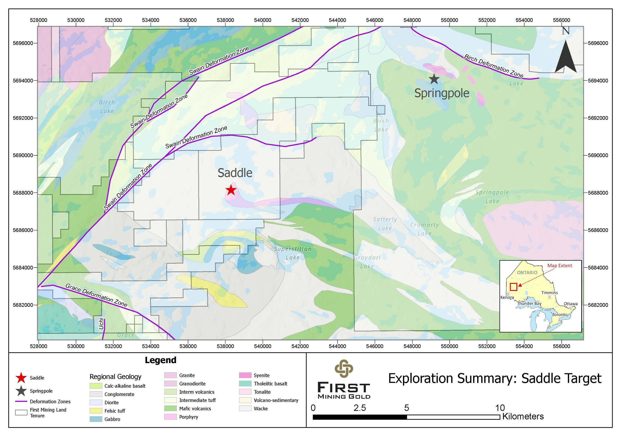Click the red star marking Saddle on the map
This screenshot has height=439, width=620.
click(x=231, y=190)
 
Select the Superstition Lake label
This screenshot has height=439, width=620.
click(x=293, y=253)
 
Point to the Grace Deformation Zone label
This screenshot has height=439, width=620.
click(x=96, y=295)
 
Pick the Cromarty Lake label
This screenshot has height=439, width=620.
click(x=425, y=229)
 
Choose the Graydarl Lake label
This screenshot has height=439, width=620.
click(x=367, y=262)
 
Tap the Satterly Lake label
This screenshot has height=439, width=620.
click(x=385, y=224)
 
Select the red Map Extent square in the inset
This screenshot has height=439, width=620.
click(x=514, y=287)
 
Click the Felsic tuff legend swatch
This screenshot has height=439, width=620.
click(x=96, y=411)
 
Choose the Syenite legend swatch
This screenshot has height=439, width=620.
click(x=245, y=375)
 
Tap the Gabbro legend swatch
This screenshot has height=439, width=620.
click(x=96, y=419)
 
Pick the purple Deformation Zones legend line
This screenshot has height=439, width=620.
click(x=21, y=402)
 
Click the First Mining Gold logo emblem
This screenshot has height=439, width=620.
click(x=344, y=368)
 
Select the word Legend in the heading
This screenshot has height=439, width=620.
click(x=161, y=360)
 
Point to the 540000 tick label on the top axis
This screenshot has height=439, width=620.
click(x=262, y=20)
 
